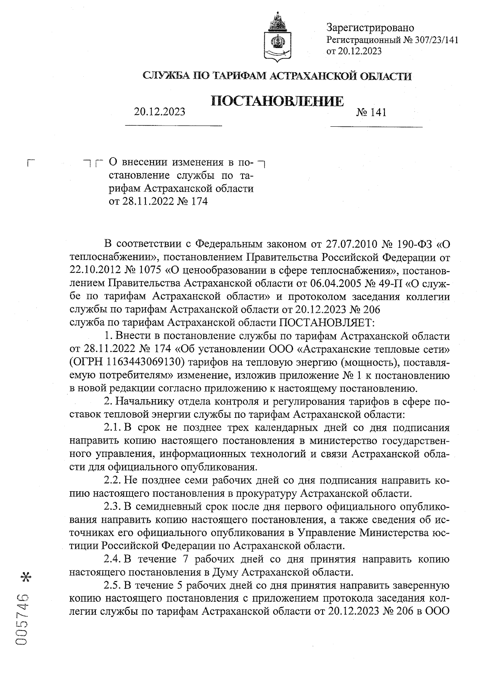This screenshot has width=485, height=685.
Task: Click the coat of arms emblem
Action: point(278,39)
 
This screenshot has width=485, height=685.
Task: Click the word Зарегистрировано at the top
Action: point(370,28)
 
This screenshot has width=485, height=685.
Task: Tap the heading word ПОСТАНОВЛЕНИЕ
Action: point(278,101)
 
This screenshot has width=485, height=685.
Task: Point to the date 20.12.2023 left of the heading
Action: point(160,112)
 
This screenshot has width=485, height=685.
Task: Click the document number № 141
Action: point(371,112)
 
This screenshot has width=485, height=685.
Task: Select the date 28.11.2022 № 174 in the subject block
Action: point(158,201)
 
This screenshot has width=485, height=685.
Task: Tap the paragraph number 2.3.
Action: point(111,507)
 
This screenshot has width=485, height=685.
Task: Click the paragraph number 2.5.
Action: point(111,585)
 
